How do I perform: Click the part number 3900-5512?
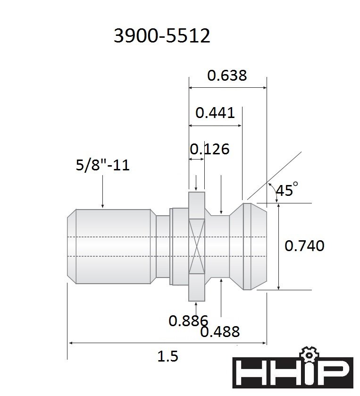click(162, 35)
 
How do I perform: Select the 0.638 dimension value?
click(227, 75)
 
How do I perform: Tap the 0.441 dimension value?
click(215, 113)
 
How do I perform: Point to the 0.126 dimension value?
click(209, 149)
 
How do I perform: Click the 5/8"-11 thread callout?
click(103, 165)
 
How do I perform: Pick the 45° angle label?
click(287, 189)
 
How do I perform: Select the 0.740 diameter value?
click(304, 246)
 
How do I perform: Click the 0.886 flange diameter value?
click(188, 321)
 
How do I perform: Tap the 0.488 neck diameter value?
click(220, 332)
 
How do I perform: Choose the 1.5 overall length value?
click(168, 356)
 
